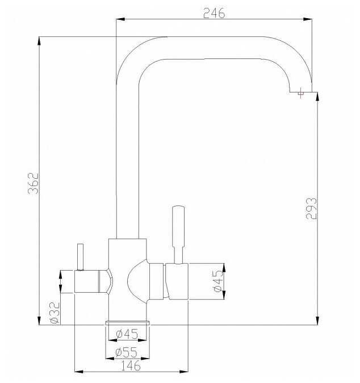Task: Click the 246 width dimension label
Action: pyautogui.click(x=214, y=13)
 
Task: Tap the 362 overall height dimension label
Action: pyautogui.click(x=34, y=183)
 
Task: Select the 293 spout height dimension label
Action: pyautogui.click(x=311, y=208)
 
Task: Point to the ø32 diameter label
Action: pyautogui.click(x=55, y=313)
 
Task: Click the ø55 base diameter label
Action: pyautogui.click(x=127, y=352)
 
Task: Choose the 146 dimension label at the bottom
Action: pyautogui.click(x=131, y=365)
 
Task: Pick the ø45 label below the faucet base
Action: pyautogui.click(x=127, y=334)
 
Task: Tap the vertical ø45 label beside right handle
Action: pyautogui.click(x=218, y=281)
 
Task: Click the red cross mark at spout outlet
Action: pyautogui.click(x=300, y=93)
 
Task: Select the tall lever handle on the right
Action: pyautogui.click(x=178, y=234)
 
